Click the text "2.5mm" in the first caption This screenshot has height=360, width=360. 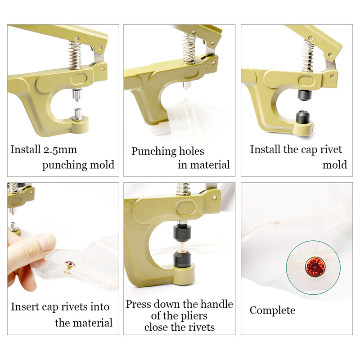pos(60,150)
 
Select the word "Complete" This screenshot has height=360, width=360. pos(272,310)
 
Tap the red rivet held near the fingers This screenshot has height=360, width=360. pos(70,264)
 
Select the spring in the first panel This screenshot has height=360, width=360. pos(75,55)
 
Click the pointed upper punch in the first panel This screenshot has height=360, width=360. pos(76,95)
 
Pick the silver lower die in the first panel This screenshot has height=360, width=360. pos(78,115)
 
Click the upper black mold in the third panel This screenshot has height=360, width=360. pos(305,94)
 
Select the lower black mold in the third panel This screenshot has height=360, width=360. pos(302,117)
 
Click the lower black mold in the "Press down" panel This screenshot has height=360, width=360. pos(182,259)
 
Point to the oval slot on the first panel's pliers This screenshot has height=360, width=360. pos(79,79)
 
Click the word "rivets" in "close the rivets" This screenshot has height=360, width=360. pos(201,327)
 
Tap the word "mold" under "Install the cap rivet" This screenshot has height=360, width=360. pos(335,165)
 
